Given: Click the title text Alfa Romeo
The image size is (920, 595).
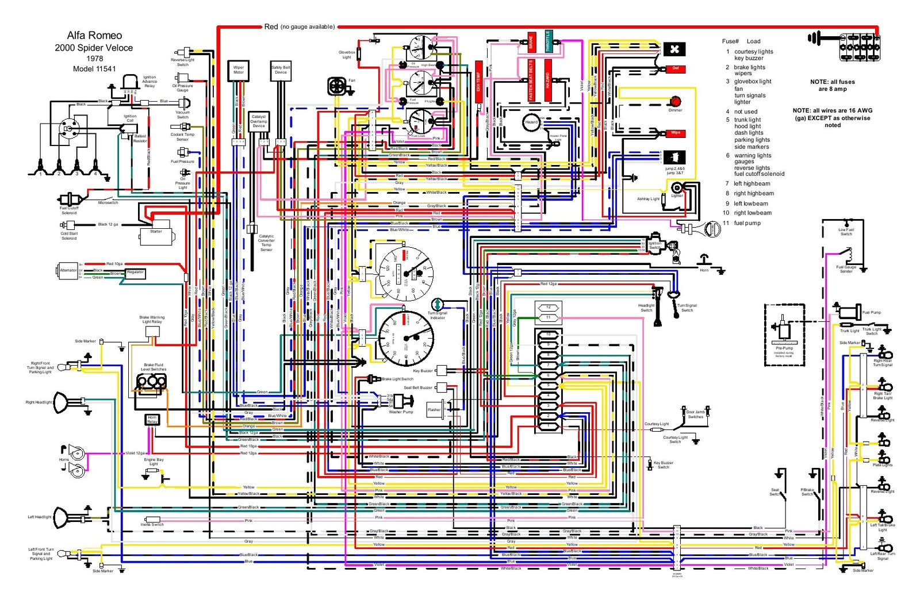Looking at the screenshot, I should coord(94,36).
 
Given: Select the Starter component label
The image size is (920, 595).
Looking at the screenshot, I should coord(156,231).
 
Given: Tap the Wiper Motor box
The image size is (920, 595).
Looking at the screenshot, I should coord(238,70).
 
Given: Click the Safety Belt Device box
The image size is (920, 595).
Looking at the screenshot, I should coord(281,70).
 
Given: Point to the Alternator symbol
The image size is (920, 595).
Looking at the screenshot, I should coord(68,270).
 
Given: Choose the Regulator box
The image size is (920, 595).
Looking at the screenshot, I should coord(135,272).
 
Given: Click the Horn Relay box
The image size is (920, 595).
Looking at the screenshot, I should coord(152,420).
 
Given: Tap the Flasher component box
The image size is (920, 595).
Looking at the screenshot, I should coord(434,409).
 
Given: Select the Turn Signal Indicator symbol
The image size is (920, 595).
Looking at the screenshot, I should coord(437,304).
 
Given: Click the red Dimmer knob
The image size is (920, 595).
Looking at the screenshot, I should coord(675,102).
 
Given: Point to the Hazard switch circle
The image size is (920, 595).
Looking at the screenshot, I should coord(531,122).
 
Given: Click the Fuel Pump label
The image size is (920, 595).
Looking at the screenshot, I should coord(871,313).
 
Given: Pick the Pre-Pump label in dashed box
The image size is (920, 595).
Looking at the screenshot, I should coord(784,348).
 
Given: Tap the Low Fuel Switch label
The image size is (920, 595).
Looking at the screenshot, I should coord(846,232).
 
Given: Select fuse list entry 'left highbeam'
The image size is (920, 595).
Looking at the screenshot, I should coord(752,184).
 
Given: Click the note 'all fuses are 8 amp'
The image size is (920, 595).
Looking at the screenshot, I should coord(832,85).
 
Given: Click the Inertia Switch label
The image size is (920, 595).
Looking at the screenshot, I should coord(152,524).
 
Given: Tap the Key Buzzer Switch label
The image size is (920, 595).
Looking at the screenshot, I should coord(663,465).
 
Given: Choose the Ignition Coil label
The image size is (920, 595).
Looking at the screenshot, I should coord(130,118).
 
